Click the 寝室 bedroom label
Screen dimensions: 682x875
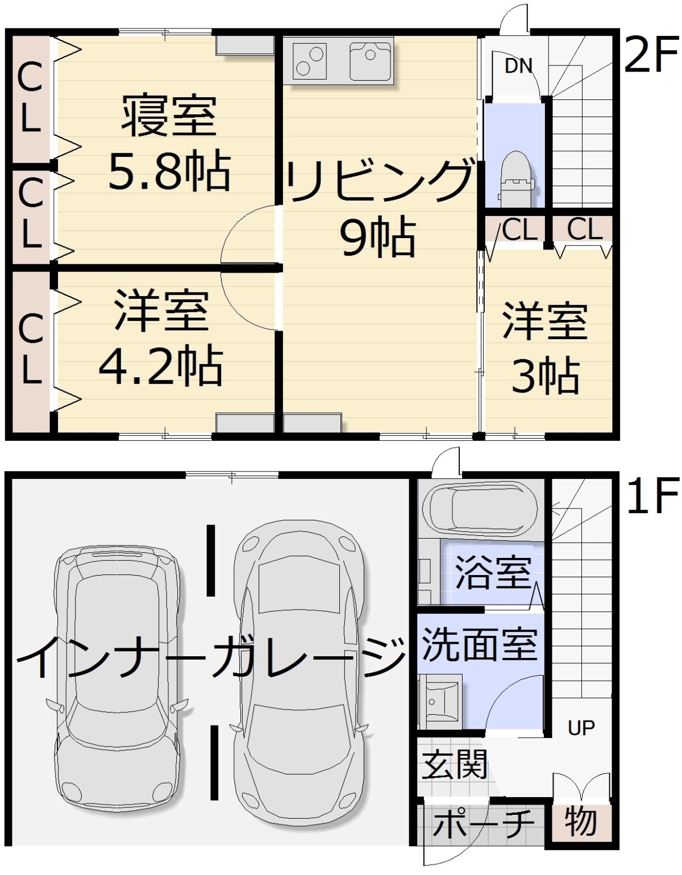[169, 115]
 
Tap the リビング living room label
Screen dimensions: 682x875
[379, 181]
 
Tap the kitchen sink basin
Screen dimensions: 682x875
[369, 61]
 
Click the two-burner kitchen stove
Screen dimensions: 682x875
[309, 61]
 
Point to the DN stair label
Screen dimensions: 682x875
[518, 66]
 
